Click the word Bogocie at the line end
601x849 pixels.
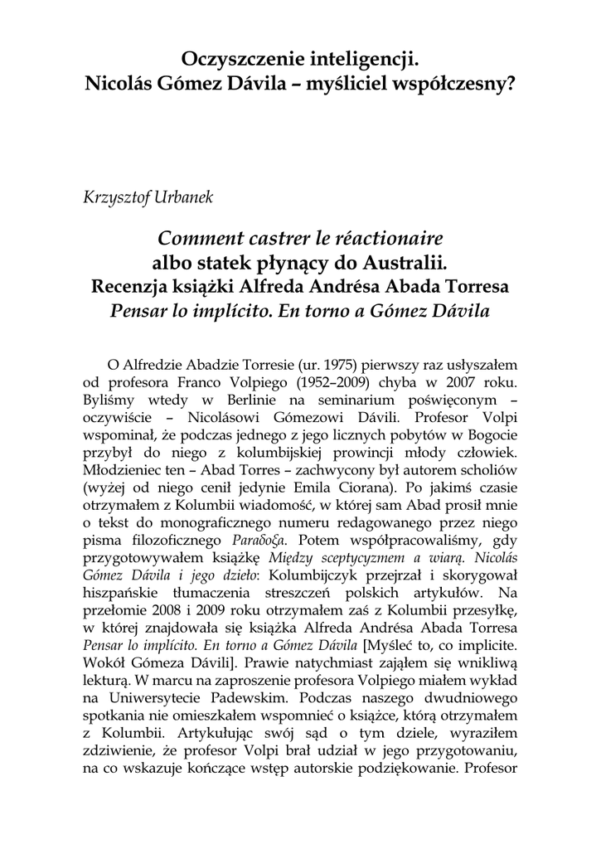[x=492, y=441]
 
